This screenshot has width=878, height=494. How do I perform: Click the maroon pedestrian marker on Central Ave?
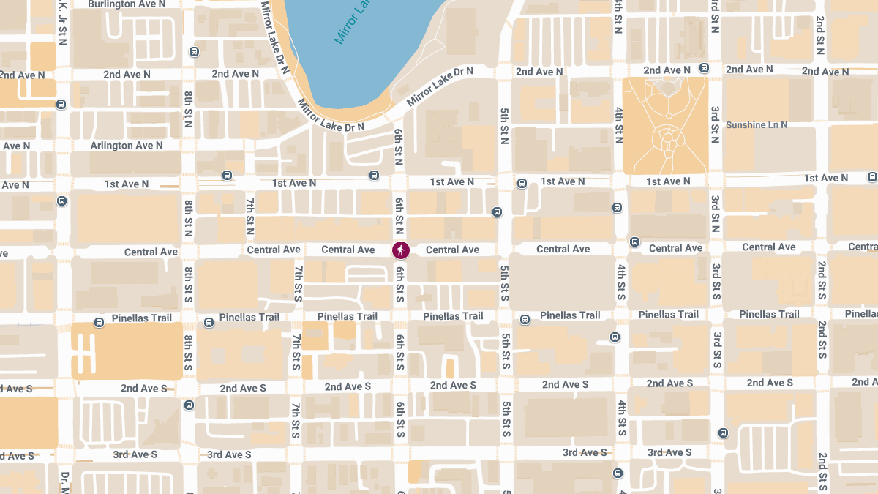pyautogui.click(x=400, y=250)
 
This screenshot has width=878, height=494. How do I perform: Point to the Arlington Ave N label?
pyautogui.click(x=127, y=146)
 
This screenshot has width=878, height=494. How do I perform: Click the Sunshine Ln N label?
pyautogui.click(x=757, y=125)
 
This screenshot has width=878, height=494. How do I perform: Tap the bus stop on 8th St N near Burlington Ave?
pyautogui.click(x=194, y=52)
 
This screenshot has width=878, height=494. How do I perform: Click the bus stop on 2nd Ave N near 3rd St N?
pyautogui.click(x=704, y=68)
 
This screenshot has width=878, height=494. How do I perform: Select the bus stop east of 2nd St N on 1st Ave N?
pyautogui.click(x=871, y=177)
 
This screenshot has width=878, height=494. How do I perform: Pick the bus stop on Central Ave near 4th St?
pyautogui.click(x=634, y=242)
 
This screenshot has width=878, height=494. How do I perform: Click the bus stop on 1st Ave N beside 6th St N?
pyautogui.click(x=375, y=176)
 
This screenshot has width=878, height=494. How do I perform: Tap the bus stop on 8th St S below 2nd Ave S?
pyautogui.click(x=190, y=405)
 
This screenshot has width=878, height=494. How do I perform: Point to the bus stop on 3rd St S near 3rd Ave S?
pyautogui.click(x=723, y=433)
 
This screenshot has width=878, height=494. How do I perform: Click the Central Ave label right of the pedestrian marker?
pyautogui.click(x=452, y=250)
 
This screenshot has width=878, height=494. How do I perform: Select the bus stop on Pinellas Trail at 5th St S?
pyautogui.click(x=525, y=320)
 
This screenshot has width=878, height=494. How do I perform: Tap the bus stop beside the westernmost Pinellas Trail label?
pyautogui.click(x=100, y=323)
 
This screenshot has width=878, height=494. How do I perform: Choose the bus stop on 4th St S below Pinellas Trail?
pyautogui.click(x=615, y=337)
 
